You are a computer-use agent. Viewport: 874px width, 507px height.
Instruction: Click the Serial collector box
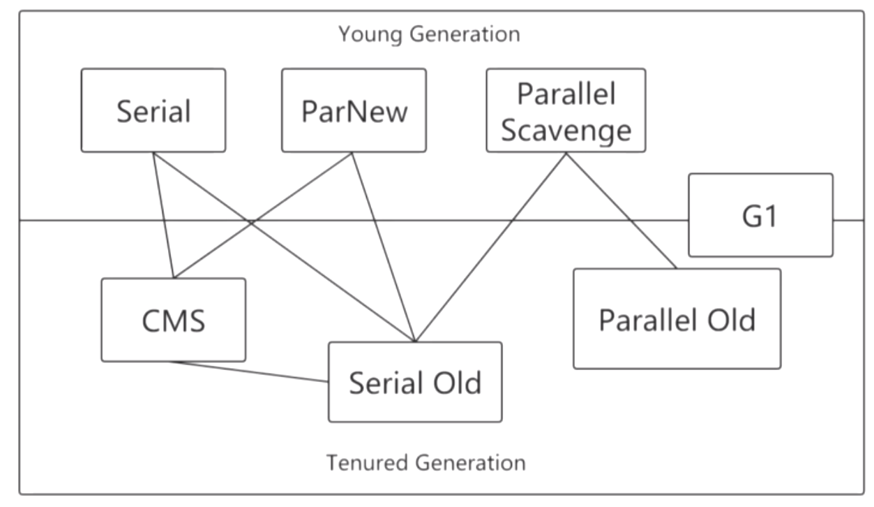click(x=153, y=110)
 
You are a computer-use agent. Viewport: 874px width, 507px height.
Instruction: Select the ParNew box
click(x=354, y=110)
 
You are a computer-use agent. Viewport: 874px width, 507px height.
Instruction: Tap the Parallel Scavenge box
click(x=566, y=110)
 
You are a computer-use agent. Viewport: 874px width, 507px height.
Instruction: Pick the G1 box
click(x=760, y=215)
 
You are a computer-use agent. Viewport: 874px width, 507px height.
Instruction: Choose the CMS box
click(x=174, y=320)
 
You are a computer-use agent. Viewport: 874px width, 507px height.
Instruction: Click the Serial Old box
click(x=415, y=382)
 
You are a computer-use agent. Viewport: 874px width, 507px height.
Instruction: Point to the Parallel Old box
click(x=677, y=318)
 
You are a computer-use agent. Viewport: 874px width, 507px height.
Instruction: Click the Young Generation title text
click(x=429, y=34)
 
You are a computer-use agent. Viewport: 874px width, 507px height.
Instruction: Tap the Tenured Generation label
click(x=426, y=463)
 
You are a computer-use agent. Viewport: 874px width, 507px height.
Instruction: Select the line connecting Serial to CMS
click(x=163, y=215)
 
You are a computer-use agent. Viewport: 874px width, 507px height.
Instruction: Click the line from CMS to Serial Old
click(x=249, y=372)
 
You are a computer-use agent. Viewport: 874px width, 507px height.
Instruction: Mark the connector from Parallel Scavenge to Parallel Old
click(x=621, y=211)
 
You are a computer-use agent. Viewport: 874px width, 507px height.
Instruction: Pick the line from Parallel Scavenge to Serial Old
click(x=491, y=247)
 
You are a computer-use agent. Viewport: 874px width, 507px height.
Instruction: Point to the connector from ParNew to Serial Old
click(x=384, y=247)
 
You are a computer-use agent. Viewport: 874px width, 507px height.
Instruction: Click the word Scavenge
click(x=566, y=131)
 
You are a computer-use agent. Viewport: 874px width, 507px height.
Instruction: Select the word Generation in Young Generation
click(x=465, y=34)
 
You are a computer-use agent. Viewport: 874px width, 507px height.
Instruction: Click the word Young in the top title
click(x=370, y=35)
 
